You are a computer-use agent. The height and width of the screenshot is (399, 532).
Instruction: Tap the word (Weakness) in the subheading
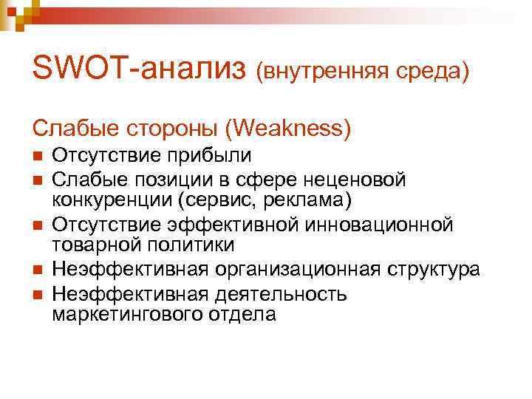coord(287,129)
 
